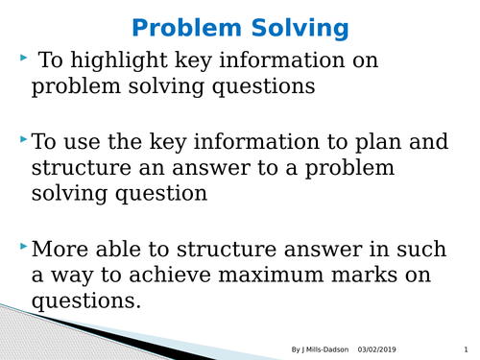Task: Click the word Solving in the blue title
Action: coord(300,29)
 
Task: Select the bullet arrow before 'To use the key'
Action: coord(23,141)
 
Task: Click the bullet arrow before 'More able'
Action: coord(23,248)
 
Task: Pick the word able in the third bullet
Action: coord(123,250)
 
